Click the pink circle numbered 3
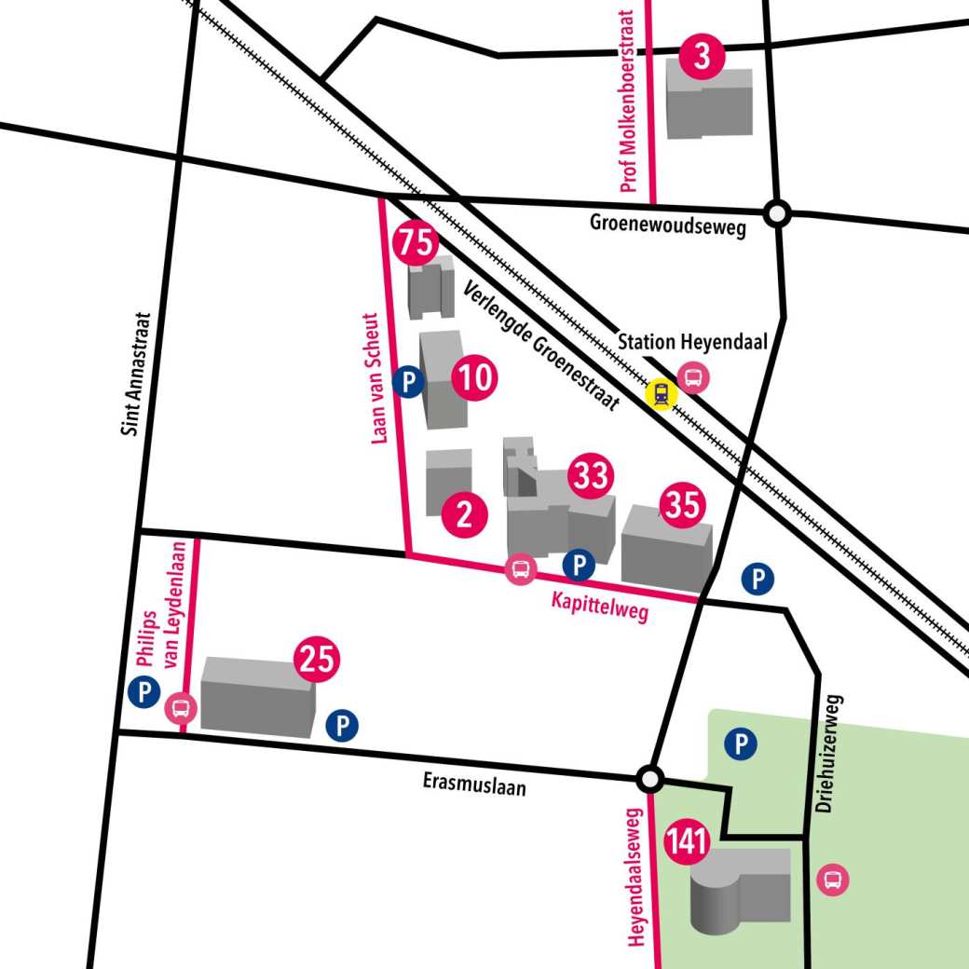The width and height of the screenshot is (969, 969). point(703,57)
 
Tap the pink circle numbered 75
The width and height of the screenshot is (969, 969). point(416,244)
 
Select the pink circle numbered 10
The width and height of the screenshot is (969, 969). point(474,378)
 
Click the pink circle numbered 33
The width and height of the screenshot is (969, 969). point(591,476)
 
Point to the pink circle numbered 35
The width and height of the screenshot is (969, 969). point(683,506)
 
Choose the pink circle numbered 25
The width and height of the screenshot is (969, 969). point(318,660)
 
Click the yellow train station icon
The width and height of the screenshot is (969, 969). point(662,394)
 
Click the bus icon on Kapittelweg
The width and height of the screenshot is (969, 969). point(520,568)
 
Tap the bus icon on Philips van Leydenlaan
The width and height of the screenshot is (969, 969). point(181,709)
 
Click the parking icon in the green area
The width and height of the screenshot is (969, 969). point(741,744)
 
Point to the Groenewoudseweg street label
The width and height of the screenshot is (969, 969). point(668,225)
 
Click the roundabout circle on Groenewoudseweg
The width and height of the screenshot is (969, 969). point(776,214)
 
